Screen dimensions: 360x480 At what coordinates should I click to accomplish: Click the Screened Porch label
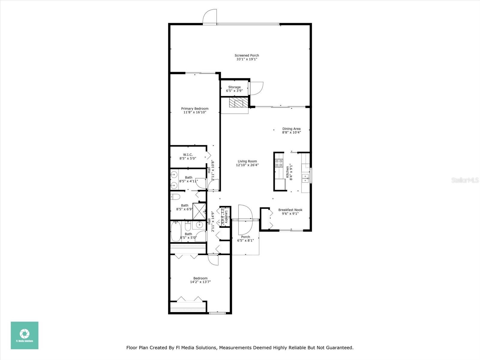(247, 55)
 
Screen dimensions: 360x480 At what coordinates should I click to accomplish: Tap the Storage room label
(234, 87)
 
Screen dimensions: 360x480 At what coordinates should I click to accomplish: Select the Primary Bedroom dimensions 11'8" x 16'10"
(195, 112)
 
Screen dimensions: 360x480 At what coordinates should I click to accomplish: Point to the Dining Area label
(291, 129)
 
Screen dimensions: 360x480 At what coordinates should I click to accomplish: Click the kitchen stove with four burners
(279, 163)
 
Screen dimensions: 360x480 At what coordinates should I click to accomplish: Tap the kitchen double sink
(306, 178)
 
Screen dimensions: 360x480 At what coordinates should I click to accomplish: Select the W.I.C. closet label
(188, 155)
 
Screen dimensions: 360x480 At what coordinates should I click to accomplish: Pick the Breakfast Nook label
(290, 210)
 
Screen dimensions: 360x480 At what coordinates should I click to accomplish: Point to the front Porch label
(245, 237)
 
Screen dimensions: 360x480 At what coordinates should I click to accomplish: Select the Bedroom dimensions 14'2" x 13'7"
(200, 282)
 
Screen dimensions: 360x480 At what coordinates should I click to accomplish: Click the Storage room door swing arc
(257, 89)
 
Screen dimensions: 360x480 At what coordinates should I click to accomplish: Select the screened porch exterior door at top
(209, 17)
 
